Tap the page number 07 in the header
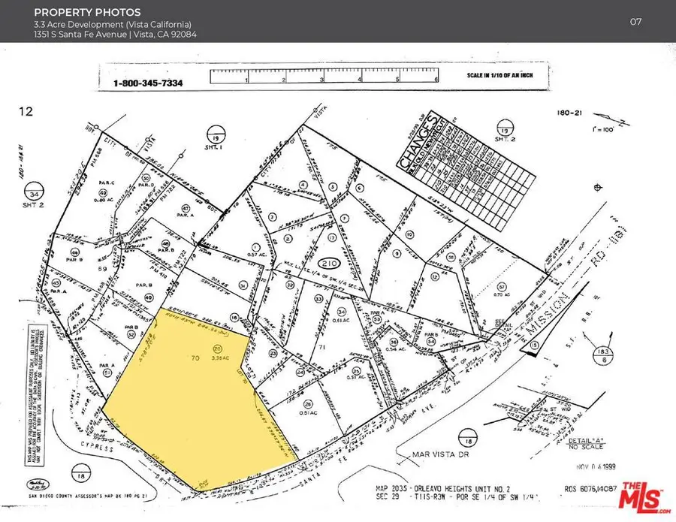(x=635, y=21)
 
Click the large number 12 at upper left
(x=26, y=112)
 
